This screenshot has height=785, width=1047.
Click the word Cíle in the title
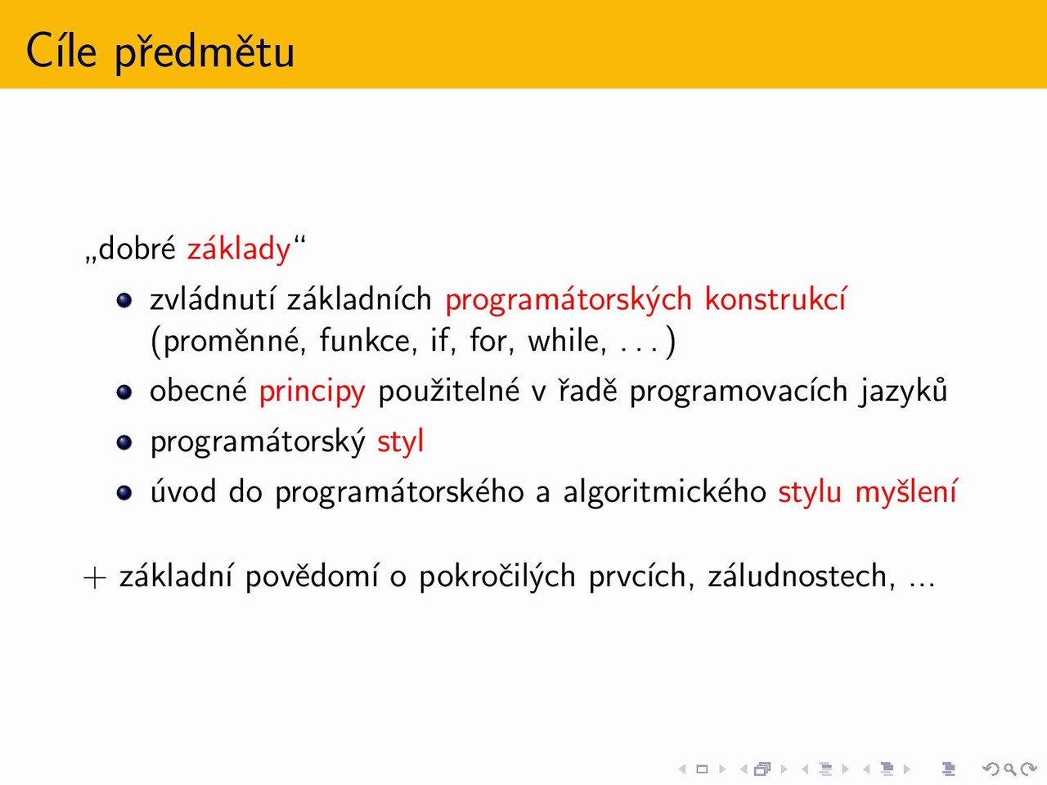61,50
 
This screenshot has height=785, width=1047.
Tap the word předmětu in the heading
204,52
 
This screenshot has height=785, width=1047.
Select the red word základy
239,249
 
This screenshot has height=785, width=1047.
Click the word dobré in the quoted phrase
137,248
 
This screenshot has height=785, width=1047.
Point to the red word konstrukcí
775,298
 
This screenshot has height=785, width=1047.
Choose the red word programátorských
568,300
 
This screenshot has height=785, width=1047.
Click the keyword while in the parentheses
567,340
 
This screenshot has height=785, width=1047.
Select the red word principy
312,392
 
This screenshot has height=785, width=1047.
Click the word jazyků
902,391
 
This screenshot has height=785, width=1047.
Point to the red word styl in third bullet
400,442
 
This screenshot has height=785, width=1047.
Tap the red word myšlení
905,492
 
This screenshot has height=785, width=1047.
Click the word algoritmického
664,492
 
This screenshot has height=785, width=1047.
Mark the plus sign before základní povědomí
94,577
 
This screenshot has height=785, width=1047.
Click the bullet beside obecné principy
124,392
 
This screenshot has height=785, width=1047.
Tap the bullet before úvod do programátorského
124,493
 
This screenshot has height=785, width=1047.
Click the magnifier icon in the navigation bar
1009,769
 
